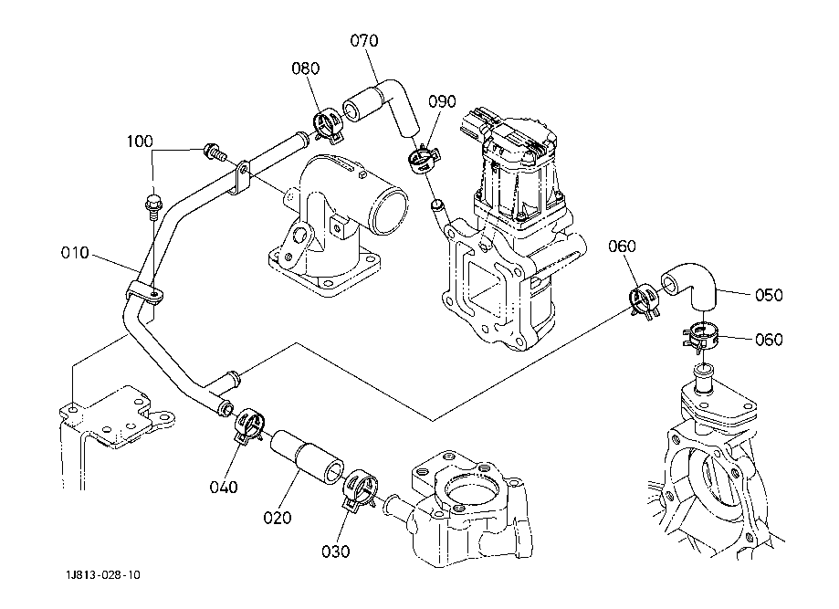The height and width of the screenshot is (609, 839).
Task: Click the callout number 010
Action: click(75, 253)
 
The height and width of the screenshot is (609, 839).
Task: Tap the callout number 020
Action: click(278, 518)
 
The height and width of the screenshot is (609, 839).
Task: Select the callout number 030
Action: click(335, 551)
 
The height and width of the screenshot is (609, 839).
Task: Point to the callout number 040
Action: click(224, 487)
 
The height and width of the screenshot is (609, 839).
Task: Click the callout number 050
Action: click(769, 295)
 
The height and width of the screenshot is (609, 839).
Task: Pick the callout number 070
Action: click(364, 41)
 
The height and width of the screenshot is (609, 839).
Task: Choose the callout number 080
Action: click(306, 68)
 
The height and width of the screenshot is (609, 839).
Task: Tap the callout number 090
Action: click(442, 101)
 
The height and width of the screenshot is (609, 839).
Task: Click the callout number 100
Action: click(140, 142)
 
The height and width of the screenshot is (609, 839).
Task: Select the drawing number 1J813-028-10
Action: click(103, 574)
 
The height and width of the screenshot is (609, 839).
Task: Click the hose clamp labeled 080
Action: click(327, 126)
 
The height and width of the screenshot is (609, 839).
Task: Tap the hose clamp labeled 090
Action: click(424, 160)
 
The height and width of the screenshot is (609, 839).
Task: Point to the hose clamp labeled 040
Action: click(248, 425)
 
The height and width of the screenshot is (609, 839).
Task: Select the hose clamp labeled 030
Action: click(359, 489)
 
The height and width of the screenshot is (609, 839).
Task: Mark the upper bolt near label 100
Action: click(213, 152)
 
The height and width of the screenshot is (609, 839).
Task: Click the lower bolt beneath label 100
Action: click(152, 206)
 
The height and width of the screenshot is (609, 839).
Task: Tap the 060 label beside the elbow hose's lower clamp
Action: click(769, 340)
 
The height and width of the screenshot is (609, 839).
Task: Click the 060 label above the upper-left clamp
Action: click(623, 247)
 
